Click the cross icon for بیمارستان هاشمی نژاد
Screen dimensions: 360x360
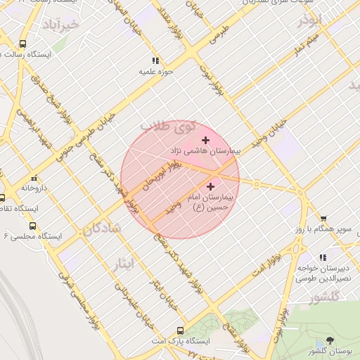[205, 141]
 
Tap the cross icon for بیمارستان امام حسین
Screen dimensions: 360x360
[211, 186]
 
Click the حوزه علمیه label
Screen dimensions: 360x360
[155, 72]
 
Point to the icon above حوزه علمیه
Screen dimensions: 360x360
[155, 61]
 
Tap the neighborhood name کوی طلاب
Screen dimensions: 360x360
[167, 127]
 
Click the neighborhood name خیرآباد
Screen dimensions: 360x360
[61, 25]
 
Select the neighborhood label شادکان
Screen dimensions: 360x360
[103, 229]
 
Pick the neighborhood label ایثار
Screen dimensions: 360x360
[127, 263]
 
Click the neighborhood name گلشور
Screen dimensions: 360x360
[323, 297]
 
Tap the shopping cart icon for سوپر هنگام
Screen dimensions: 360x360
[323, 219]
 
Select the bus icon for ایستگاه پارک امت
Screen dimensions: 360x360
[181, 330]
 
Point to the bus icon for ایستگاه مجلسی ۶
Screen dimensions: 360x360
[33, 226]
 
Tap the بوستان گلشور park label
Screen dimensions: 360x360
[330, 351]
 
